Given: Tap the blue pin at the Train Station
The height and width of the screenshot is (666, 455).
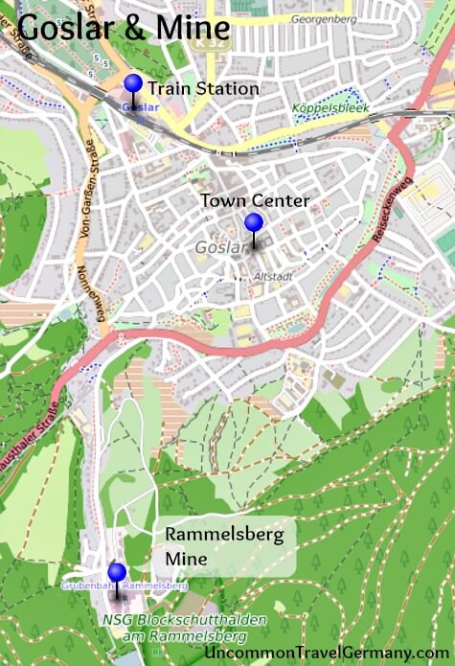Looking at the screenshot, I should pos(133,84).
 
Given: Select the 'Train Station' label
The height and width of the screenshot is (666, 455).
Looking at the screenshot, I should pos(203,89).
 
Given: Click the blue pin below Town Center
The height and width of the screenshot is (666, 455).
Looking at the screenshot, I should pos(253,223).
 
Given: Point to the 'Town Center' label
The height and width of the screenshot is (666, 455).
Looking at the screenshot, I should pos(255,200).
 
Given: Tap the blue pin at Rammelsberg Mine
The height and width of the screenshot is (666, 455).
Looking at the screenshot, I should pos(117,573).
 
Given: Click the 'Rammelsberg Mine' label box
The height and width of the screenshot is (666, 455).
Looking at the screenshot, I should pos(225,546).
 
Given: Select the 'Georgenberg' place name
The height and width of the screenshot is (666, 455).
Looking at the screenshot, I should pos(322,17).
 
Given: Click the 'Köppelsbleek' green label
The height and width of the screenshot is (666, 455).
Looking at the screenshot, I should pos(330,107).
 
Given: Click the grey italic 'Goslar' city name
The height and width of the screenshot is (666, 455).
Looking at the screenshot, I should pos(214,248).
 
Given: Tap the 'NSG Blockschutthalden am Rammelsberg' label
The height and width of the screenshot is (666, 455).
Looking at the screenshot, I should pos(184,628).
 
